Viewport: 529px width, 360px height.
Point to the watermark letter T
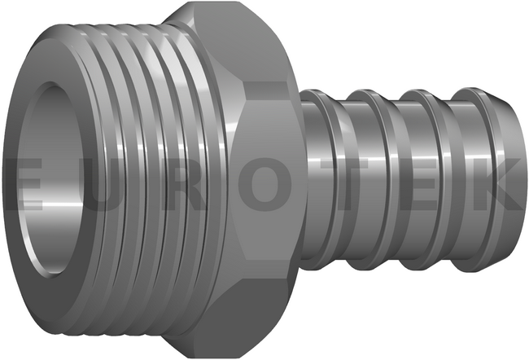tap(352, 184)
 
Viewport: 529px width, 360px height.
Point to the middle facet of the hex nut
tap(266, 179)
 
